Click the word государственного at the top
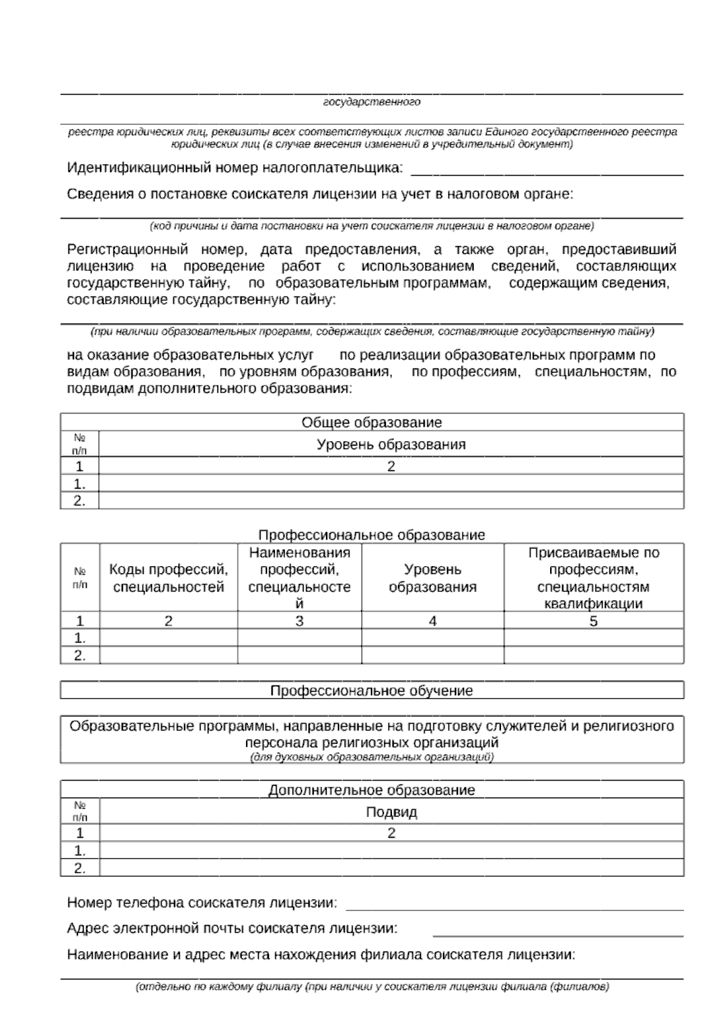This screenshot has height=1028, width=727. [x=371, y=102]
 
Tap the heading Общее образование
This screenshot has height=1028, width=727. [x=371, y=422]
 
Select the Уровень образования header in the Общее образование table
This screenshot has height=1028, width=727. [x=391, y=444]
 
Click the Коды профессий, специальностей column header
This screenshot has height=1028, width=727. [x=168, y=578]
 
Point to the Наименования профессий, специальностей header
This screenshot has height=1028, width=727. [x=299, y=578]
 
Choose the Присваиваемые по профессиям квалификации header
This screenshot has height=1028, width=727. [x=593, y=578]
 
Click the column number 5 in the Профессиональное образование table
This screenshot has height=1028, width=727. [x=593, y=621]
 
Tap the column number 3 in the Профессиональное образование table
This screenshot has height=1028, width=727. [x=299, y=621]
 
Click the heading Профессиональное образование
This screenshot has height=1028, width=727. [x=371, y=535]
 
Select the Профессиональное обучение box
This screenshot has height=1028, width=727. [x=371, y=690]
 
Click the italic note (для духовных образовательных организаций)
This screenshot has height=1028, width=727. [x=371, y=757]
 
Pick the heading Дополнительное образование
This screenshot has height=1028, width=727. [x=371, y=790]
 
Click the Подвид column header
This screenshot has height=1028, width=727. [x=391, y=812]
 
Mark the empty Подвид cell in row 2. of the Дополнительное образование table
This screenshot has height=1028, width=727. [x=391, y=868]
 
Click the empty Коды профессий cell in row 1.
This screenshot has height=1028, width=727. [x=168, y=638]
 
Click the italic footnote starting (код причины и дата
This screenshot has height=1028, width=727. [x=371, y=226]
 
